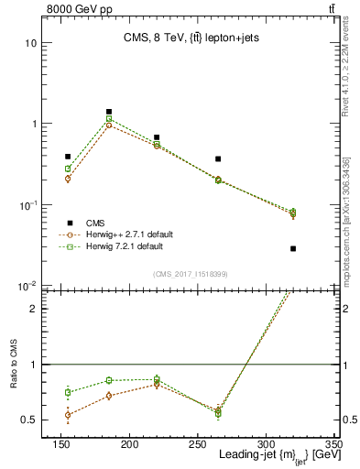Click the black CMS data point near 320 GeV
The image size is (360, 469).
point(293,248)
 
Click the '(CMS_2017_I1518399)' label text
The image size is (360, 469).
point(190,274)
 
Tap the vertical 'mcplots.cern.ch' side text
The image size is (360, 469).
point(349,211)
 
